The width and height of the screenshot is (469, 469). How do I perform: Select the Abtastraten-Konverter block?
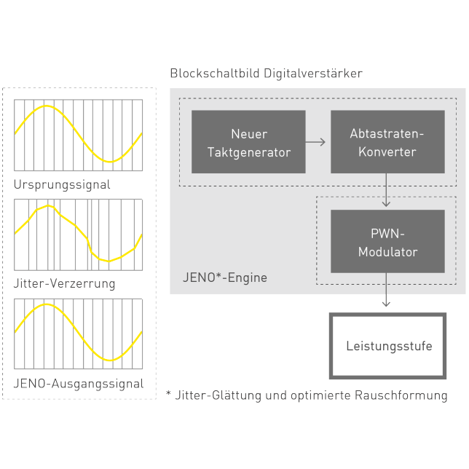point(387,142)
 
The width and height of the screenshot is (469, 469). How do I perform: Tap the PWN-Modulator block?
point(387,242)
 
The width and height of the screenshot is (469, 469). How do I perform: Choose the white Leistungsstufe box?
point(387,346)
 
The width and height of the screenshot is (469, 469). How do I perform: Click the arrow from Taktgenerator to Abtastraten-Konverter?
point(316,142)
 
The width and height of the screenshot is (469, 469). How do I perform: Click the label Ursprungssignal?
point(62,184)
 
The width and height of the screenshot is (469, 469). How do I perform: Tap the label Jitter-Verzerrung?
point(64,283)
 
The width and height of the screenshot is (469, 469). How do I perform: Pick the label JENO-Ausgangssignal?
point(78,383)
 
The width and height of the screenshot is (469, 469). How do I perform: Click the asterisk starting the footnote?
point(168,393)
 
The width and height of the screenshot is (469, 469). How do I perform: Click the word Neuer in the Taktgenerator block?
point(249,134)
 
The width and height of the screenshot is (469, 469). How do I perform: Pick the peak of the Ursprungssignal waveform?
point(46,106)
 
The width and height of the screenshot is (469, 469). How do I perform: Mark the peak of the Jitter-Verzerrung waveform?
point(48,206)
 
